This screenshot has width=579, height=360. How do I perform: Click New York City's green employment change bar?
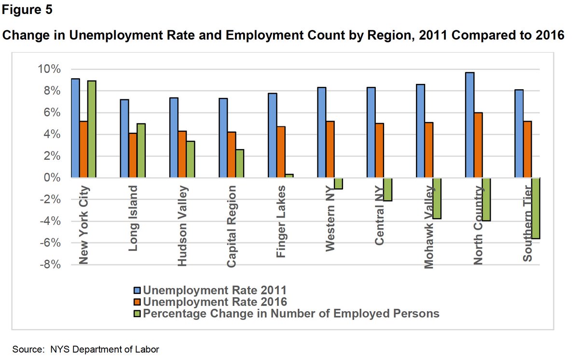(92, 129)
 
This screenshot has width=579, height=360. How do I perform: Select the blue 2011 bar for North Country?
(470, 125)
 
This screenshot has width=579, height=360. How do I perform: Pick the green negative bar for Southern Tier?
(536, 208)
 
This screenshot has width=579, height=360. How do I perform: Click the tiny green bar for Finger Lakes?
(289, 176)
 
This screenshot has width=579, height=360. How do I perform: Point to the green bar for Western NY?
(339, 183)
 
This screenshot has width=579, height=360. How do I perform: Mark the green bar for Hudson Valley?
(190, 159)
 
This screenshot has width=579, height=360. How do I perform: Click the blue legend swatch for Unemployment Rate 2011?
(137, 291)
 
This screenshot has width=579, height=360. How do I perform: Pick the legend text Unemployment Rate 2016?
(215, 302)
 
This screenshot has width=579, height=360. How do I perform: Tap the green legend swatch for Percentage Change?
(137, 314)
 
